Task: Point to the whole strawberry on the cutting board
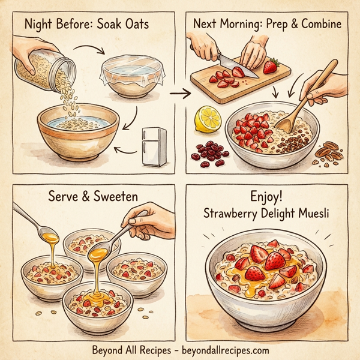pyautogui.click(x=271, y=64)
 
